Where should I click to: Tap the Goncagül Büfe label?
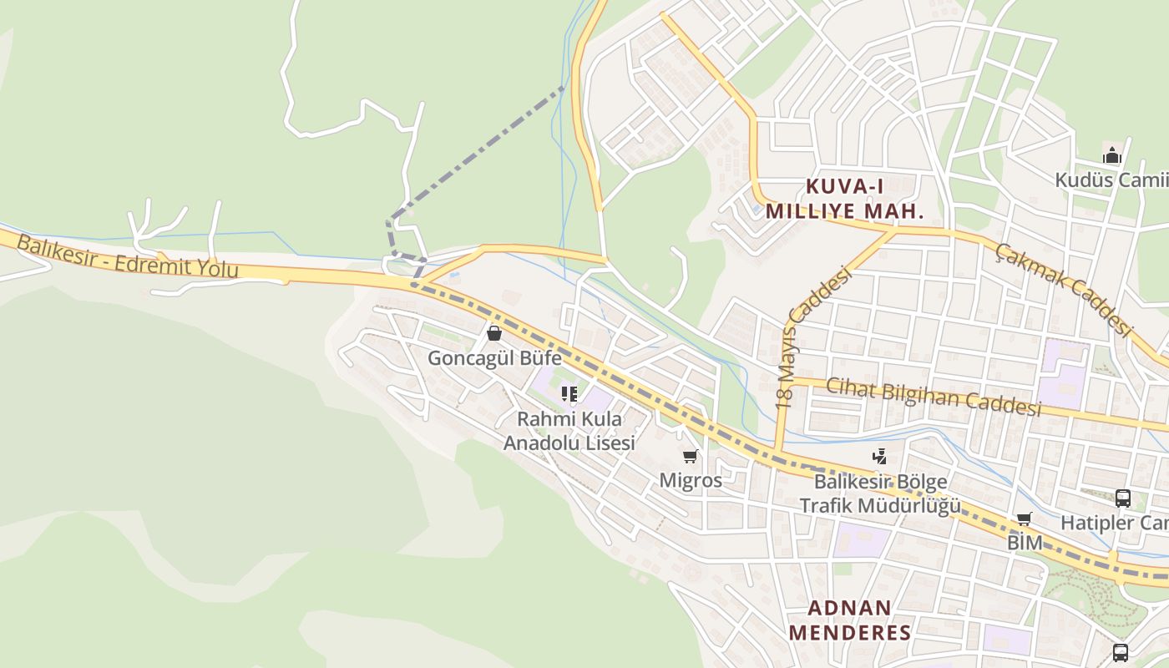(x=494, y=358)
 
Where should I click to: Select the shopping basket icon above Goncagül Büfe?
(x=494, y=334)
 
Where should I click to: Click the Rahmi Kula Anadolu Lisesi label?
(x=569, y=431)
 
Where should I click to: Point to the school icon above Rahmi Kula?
(x=569, y=393)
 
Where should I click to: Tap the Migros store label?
(x=691, y=480)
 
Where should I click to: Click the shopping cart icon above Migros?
(x=691, y=457)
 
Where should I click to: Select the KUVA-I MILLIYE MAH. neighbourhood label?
(x=845, y=199)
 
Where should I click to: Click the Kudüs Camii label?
(x=1111, y=180)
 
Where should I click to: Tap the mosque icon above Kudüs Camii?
(x=1111, y=155)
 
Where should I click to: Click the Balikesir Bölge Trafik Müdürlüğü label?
(x=879, y=494)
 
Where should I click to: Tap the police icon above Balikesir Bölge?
(x=878, y=456)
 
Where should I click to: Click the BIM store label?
(x=1025, y=542)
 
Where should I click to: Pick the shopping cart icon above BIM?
(x=1025, y=519)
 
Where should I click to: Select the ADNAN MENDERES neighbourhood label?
(x=850, y=620)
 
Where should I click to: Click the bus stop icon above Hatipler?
(x=1123, y=498)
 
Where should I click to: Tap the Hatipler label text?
(x=1114, y=523)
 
